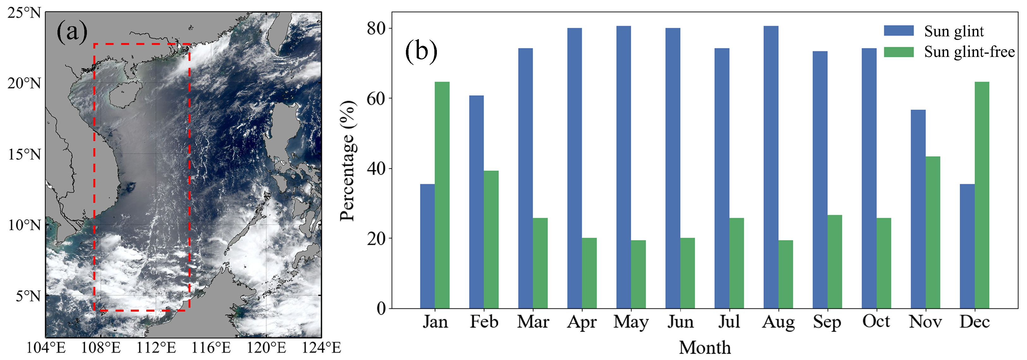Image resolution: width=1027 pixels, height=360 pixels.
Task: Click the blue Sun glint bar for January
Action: (427, 246)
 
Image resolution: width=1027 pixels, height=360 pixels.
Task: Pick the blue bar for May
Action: (624, 167)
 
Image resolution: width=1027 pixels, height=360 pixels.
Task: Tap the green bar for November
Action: (933, 232)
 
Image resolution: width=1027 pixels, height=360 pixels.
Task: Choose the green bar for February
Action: (491, 239)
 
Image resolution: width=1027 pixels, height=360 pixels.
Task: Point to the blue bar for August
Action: (771, 167)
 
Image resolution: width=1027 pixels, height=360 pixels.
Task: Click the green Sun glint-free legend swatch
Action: (899, 52)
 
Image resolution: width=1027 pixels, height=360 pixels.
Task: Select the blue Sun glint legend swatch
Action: (899, 31)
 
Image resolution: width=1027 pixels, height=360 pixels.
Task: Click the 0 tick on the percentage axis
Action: (381, 309)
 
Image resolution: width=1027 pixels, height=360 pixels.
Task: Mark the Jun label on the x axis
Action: (680, 322)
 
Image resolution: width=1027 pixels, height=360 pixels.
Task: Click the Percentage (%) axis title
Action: (347, 160)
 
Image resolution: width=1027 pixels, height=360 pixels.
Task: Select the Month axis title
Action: (705, 348)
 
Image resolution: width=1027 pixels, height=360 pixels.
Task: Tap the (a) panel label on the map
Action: (72, 32)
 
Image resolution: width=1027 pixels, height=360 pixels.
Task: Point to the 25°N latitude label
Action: (24, 13)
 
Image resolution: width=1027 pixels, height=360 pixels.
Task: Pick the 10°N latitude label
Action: (24, 225)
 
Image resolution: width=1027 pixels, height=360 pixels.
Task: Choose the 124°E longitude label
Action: (321, 348)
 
